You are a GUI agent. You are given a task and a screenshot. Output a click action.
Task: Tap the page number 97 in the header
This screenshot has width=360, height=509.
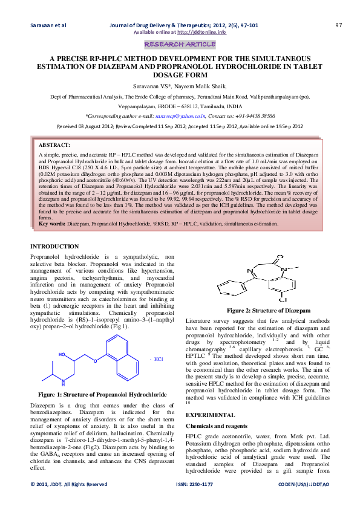click(x=339, y=25)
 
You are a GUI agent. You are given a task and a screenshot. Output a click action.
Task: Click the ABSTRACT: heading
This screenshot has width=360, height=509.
click(x=54, y=146)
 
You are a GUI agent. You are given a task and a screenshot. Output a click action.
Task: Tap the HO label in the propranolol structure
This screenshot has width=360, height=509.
click(x=63, y=354)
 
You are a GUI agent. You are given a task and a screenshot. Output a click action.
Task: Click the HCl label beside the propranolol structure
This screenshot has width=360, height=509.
click(x=157, y=359)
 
